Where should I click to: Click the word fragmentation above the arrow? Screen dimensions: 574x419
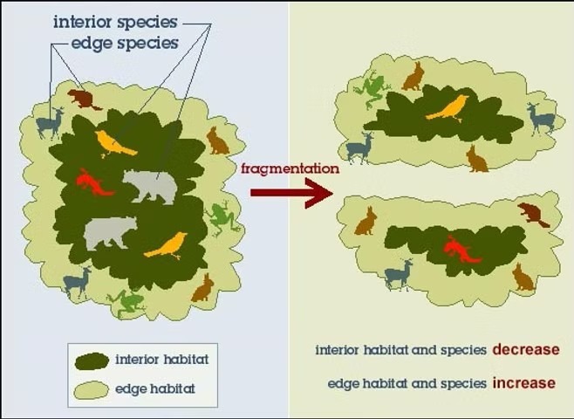[290, 168]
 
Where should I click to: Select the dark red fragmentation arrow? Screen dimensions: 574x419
[291, 193]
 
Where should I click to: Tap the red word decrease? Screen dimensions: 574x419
[526, 349]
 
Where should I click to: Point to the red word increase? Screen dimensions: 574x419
[524, 383]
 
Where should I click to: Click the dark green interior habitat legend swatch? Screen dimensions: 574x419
[92, 361]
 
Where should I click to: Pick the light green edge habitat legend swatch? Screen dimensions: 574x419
[91, 390]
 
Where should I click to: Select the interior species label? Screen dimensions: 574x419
[115, 23]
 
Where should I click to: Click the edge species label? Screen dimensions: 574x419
[125, 44]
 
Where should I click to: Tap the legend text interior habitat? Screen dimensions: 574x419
[161, 360]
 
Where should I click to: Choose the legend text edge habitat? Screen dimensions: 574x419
[155, 388]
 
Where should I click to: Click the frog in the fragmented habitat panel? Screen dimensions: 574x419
[371, 89]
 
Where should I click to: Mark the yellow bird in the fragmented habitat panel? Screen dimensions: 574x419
[448, 108]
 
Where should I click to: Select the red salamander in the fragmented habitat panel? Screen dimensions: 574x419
[461, 250]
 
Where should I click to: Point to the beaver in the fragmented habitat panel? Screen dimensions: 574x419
[533, 214]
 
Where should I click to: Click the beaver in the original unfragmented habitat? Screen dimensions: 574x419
[85, 100]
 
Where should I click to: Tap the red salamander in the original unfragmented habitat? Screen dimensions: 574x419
[93, 182]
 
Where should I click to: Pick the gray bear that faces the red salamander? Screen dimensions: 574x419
[150, 187]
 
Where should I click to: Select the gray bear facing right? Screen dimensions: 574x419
[111, 233]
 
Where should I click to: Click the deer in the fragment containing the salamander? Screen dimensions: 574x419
[399, 274]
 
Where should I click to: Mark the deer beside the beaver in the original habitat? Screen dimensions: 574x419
[50, 123]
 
